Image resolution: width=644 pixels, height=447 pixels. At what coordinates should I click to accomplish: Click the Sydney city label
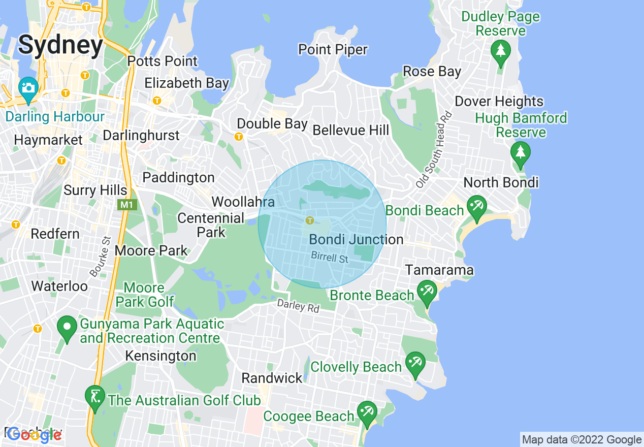(x=60, y=45)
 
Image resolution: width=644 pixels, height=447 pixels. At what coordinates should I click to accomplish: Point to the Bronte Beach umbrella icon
(x=427, y=292)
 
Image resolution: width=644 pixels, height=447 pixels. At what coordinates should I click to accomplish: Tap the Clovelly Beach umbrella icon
(x=415, y=363)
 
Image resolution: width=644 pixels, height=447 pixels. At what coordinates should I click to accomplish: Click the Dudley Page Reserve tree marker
(x=501, y=51)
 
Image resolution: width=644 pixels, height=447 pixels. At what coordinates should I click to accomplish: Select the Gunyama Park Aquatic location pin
(x=66, y=328)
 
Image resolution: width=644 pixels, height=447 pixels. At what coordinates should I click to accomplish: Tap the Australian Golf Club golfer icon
(x=94, y=397)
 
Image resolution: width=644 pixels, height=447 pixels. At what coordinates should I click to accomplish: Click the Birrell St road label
(x=330, y=258)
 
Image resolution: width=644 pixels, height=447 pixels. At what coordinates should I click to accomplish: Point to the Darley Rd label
(x=298, y=306)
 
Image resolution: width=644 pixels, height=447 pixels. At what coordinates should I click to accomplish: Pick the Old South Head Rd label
(x=433, y=149)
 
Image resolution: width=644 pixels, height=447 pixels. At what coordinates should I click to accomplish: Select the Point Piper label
(x=333, y=50)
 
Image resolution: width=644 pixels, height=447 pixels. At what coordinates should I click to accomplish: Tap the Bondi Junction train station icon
(x=309, y=220)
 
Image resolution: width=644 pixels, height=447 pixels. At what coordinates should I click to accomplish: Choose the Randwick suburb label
(x=272, y=378)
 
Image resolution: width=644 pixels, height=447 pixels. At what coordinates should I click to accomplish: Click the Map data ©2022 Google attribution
(x=582, y=440)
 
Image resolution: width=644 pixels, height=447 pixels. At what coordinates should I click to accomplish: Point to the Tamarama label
(x=439, y=270)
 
